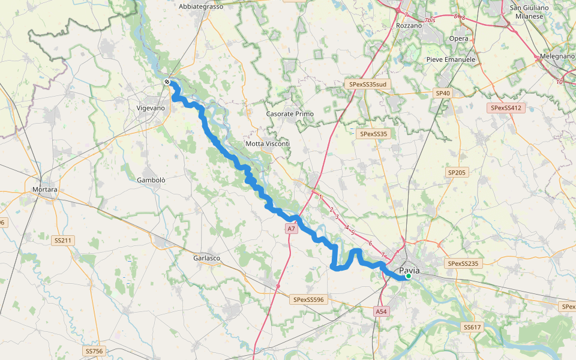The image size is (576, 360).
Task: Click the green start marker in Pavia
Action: (409, 276)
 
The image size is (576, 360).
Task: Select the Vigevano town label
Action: (150, 108)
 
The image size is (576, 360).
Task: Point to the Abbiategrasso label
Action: (201, 7)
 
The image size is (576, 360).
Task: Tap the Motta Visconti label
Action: (268, 144)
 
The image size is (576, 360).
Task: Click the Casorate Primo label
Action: (290, 114)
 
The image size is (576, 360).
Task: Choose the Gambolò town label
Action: (151, 180)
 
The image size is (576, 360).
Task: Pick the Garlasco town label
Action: (206, 258)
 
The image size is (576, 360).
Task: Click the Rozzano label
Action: (410, 26)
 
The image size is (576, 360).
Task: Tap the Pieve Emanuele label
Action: (451, 59)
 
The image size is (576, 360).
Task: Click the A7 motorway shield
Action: (291, 229)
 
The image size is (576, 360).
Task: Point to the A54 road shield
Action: (382, 311)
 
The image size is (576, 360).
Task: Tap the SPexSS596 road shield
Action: (308, 299)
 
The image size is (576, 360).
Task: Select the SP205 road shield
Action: (457, 172)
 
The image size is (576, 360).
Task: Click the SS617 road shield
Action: (472, 327)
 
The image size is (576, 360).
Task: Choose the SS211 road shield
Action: (62, 241)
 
